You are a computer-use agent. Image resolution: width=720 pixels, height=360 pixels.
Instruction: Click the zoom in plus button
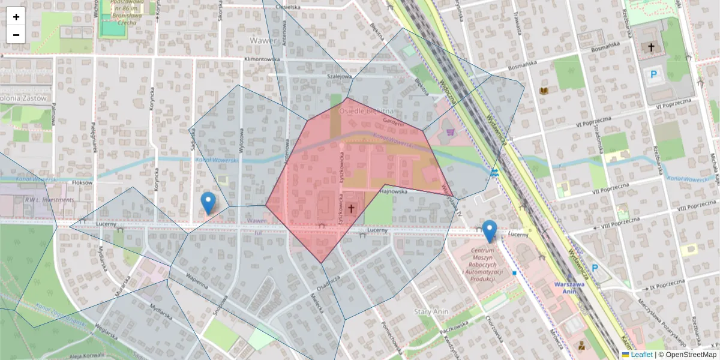tap(16, 17)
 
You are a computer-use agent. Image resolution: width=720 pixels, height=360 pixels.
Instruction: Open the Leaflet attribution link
tap(641, 355)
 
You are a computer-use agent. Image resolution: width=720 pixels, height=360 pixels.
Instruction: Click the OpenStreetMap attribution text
tap(691, 355)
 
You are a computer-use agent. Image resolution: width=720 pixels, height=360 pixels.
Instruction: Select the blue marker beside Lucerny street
tap(490, 231)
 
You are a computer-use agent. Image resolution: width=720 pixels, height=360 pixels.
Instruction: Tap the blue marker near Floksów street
tap(208, 203)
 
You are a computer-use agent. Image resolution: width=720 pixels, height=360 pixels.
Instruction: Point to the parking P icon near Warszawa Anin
tap(595, 268)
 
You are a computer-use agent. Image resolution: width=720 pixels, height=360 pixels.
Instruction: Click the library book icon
tap(544, 91)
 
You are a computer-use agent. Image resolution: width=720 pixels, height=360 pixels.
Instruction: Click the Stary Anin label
tap(431, 311)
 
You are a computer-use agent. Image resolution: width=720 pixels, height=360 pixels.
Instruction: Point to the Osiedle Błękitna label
tap(366, 111)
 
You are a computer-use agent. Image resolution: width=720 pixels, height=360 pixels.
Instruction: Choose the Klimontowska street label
tap(262, 60)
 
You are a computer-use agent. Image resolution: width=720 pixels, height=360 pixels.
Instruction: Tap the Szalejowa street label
tap(338, 77)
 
